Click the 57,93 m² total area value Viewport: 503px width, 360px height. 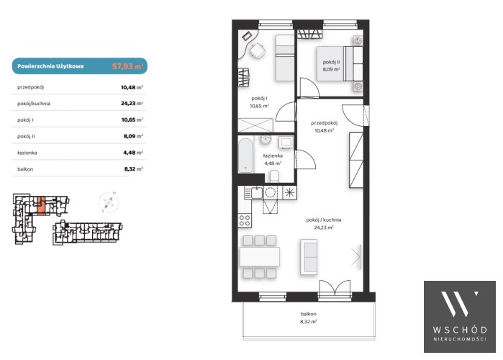[127, 66]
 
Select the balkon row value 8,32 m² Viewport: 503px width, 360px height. [133, 168]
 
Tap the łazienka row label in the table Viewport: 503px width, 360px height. [27, 153]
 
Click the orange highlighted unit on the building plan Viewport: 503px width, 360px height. [41, 205]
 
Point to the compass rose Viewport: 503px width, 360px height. [109, 202]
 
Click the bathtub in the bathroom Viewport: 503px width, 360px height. [245, 156]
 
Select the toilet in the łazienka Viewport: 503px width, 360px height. [274, 176]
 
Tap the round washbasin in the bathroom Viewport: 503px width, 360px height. [266, 140]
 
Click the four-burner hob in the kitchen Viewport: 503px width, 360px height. [245, 220]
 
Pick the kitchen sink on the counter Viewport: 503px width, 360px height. [257, 193]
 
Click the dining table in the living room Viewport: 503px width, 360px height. [260, 257]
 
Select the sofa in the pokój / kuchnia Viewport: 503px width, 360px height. [309, 257]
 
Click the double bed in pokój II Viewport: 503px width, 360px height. [340, 63]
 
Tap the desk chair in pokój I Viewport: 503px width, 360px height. [258, 51]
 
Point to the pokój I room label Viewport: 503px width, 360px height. [259, 98]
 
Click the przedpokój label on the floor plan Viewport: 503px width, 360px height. [324, 122]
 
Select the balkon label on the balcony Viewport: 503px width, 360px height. [308, 314]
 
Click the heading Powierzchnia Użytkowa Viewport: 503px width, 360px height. [50, 66]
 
